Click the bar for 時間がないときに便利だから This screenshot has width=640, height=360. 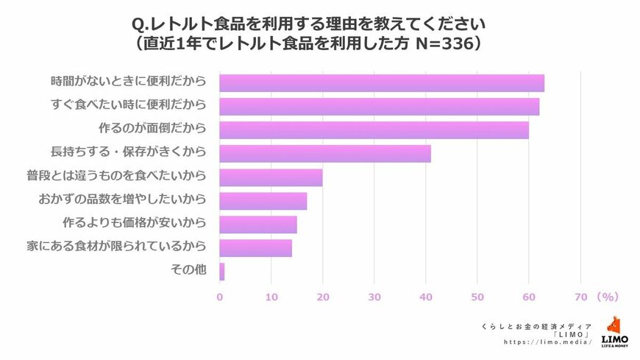(382, 82)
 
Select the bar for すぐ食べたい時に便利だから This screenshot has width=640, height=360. (380, 107)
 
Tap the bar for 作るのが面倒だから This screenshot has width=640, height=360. (374, 130)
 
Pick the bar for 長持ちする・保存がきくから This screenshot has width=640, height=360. (325, 154)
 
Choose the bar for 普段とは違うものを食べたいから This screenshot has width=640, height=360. (271, 177)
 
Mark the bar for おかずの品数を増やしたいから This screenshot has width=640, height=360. (263, 201)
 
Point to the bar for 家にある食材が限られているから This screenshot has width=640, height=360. (256, 248)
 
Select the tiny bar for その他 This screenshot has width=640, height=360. (222, 272)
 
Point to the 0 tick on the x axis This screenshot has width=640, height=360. (220, 297)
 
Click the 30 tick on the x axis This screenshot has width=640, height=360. (374, 297)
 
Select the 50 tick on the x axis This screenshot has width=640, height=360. (477, 297)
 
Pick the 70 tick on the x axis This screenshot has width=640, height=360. (580, 297)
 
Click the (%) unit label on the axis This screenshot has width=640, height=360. (607, 297)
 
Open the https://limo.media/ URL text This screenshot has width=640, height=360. (547, 342)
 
